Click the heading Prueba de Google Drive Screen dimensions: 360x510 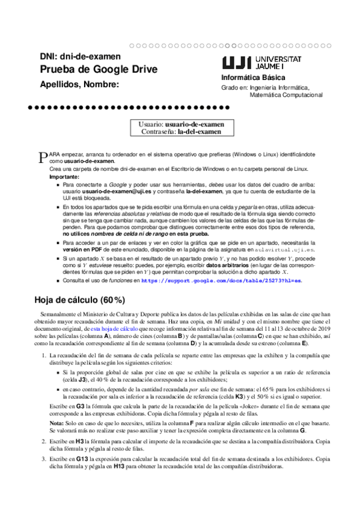point(99,70)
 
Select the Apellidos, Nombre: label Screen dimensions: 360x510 point(80,85)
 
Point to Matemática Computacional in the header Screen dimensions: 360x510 point(285,95)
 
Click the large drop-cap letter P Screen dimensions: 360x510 point(42,158)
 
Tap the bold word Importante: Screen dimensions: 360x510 point(63,177)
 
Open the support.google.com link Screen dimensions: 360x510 point(221,280)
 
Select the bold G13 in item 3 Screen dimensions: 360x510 point(81,476)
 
